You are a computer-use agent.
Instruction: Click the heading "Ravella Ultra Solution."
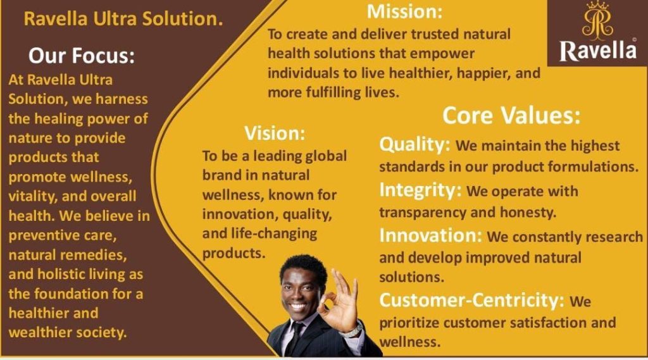(x=123, y=19)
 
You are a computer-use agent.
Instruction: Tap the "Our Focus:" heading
(x=82, y=56)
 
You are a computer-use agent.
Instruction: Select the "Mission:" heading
(x=404, y=11)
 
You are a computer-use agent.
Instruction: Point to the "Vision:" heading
(x=275, y=133)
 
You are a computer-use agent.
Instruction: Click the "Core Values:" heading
(x=511, y=115)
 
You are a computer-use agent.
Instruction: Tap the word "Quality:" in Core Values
(x=414, y=145)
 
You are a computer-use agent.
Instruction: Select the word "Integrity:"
(x=420, y=190)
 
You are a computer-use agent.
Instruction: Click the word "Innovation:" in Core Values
(x=430, y=235)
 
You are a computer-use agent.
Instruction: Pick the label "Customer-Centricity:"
(x=471, y=300)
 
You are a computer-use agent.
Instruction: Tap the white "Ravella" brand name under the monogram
(x=598, y=51)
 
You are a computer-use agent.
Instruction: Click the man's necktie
(x=296, y=339)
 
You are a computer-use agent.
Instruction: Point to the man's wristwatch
(x=352, y=330)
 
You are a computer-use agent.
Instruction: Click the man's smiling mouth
(x=298, y=307)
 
